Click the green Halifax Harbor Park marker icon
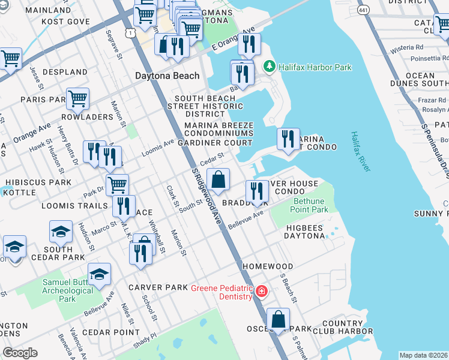270,67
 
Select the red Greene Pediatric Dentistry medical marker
261,292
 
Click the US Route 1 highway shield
130,34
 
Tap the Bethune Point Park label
309,205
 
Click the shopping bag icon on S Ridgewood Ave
219,179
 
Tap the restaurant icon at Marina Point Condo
288,139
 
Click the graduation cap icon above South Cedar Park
61,232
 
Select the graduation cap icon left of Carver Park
99,274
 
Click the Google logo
20,353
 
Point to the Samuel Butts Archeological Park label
67,290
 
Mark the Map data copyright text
423,355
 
